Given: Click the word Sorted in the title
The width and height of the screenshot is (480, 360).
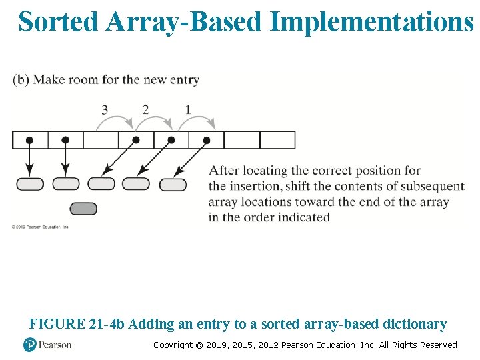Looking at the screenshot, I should [58, 22].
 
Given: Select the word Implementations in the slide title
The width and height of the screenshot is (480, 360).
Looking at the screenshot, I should [373, 22].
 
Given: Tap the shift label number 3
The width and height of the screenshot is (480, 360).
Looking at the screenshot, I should [104, 110].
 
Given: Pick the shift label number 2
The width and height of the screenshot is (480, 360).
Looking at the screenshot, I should [145, 110].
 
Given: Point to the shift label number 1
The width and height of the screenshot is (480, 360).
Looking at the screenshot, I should [187, 110].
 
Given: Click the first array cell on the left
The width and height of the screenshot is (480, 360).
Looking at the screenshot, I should [30, 140].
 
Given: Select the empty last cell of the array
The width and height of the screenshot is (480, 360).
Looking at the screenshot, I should [277, 140].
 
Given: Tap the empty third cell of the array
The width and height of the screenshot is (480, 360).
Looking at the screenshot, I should [101, 140].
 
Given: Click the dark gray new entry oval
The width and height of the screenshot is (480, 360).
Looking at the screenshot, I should [83, 209].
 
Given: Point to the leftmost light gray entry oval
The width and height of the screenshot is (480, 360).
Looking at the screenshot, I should [30, 184].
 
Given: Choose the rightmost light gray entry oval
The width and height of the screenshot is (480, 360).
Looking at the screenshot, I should [173, 184].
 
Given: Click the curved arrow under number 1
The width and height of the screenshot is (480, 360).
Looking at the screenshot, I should [197, 121].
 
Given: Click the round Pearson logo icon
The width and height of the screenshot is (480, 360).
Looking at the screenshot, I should [29, 345].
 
